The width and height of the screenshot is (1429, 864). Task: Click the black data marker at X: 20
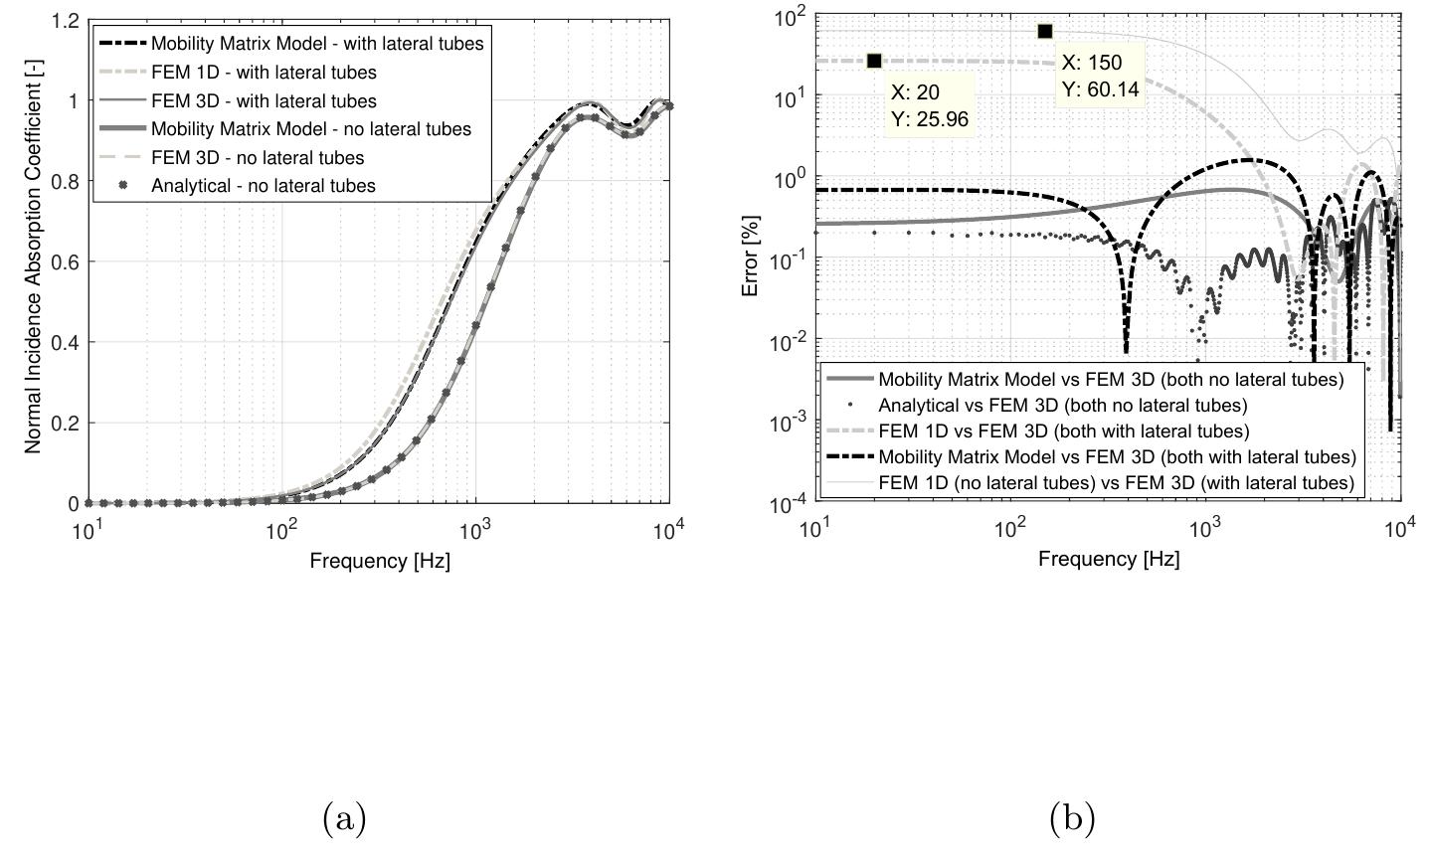pyautogui.click(x=874, y=62)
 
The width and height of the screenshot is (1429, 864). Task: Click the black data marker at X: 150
pyautogui.click(x=1045, y=32)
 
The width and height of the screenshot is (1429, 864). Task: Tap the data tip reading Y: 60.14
pyautogui.click(x=1100, y=77)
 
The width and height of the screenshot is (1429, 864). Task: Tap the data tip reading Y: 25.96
pyautogui.click(x=929, y=106)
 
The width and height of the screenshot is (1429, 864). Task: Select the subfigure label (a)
pyautogui.click(x=345, y=819)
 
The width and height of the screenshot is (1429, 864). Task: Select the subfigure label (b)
pyautogui.click(x=1072, y=819)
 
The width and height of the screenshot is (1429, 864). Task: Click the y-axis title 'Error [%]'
pyautogui.click(x=751, y=256)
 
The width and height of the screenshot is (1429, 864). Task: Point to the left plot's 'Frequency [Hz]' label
pyautogui.click(x=379, y=561)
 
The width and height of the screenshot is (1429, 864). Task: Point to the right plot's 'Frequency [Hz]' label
pyautogui.click(x=1108, y=559)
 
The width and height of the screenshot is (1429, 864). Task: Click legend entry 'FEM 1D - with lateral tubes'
pyautogui.click(x=264, y=73)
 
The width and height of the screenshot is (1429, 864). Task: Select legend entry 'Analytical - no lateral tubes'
pyautogui.click(x=263, y=186)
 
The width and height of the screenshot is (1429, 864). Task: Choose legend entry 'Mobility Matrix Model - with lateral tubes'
pyautogui.click(x=316, y=44)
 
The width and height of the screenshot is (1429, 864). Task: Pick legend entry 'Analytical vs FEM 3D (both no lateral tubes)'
pyautogui.click(x=1062, y=406)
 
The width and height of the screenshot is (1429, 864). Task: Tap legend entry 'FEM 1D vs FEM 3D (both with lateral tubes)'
pyautogui.click(x=1063, y=432)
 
